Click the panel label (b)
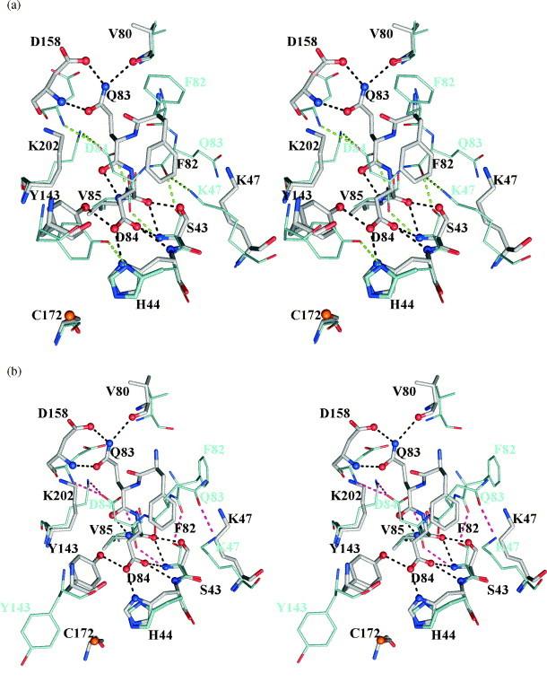(12, 354)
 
